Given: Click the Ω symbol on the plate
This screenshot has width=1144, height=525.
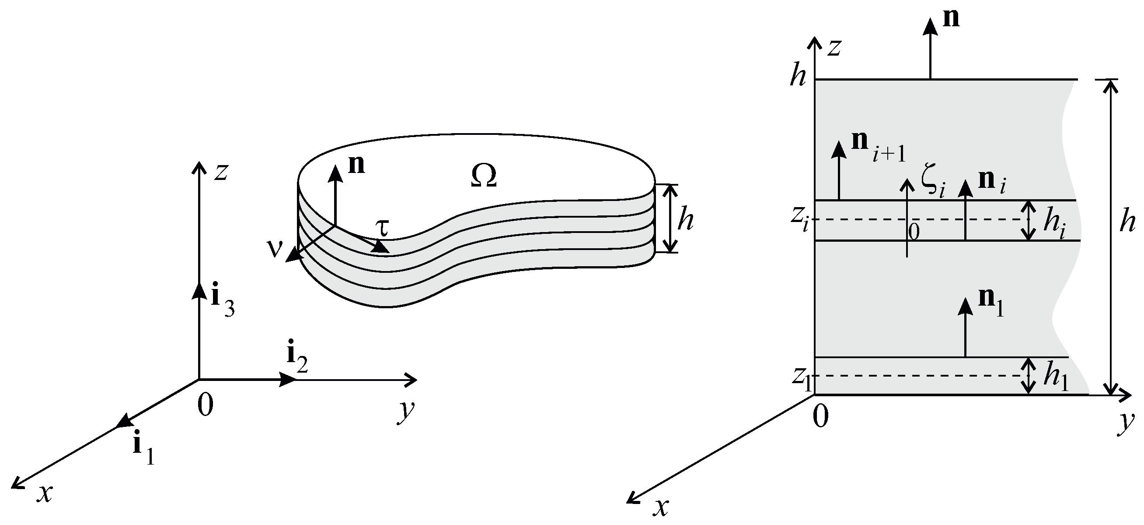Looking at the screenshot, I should (x=483, y=176).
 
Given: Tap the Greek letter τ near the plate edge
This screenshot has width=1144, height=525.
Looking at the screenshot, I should (x=381, y=228).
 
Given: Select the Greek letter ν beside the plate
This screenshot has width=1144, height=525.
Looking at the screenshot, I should (x=275, y=249).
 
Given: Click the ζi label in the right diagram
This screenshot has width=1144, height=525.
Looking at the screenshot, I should (x=934, y=186).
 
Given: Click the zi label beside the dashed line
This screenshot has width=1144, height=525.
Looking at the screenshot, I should (x=800, y=221).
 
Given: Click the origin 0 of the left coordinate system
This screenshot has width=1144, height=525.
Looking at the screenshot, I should (x=205, y=405).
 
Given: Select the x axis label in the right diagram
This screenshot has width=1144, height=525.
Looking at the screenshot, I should (x=661, y=507).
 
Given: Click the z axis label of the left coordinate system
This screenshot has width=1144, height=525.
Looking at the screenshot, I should (x=221, y=172).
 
